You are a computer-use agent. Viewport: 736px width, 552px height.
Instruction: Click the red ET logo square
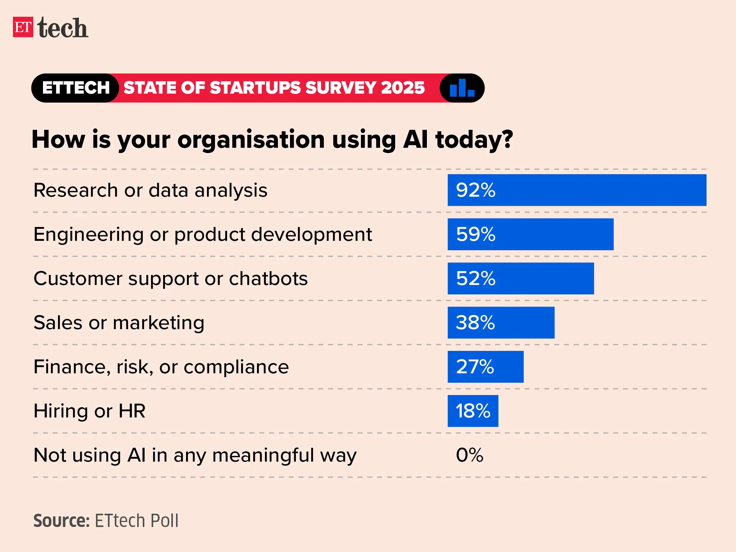click(x=23, y=27)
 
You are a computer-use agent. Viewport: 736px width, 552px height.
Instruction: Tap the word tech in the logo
click(x=62, y=28)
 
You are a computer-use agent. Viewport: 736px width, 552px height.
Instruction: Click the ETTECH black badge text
click(x=76, y=88)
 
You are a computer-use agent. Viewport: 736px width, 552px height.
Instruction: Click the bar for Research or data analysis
click(x=577, y=190)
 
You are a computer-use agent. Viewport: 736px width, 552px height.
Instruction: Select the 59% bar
click(x=531, y=234)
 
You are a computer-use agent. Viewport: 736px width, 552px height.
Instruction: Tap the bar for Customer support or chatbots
click(x=520, y=279)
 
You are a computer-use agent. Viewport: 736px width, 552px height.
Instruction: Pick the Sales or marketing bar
click(x=501, y=323)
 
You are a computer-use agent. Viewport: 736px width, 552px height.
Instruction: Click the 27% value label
click(x=475, y=367)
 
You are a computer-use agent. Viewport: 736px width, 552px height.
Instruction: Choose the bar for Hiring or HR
click(x=473, y=411)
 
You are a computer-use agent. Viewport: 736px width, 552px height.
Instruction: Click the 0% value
click(x=470, y=455)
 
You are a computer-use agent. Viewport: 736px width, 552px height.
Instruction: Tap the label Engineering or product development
click(x=203, y=234)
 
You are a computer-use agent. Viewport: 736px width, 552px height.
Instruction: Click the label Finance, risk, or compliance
click(x=161, y=367)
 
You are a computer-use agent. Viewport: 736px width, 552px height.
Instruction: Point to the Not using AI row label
click(x=195, y=455)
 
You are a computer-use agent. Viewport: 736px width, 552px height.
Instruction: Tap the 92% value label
click(x=475, y=190)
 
